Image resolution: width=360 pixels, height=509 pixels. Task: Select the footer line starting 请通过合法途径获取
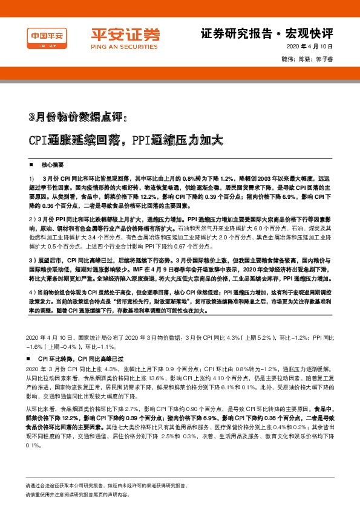pyautogui.click(x=106, y=485)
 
